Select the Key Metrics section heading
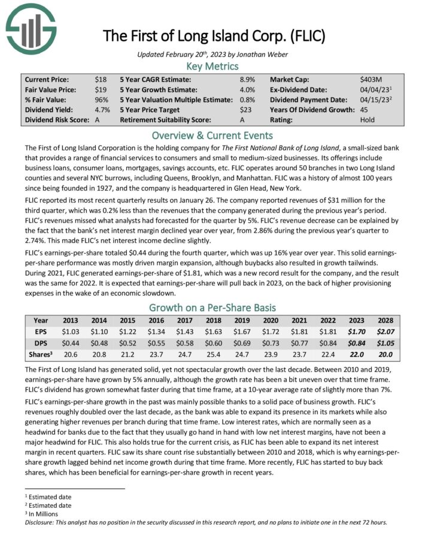coord(212,66)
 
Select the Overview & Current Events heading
coord(212,135)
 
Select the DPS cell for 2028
coord(385,341)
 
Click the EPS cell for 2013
coord(71,331)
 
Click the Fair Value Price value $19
coord(100,89)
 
